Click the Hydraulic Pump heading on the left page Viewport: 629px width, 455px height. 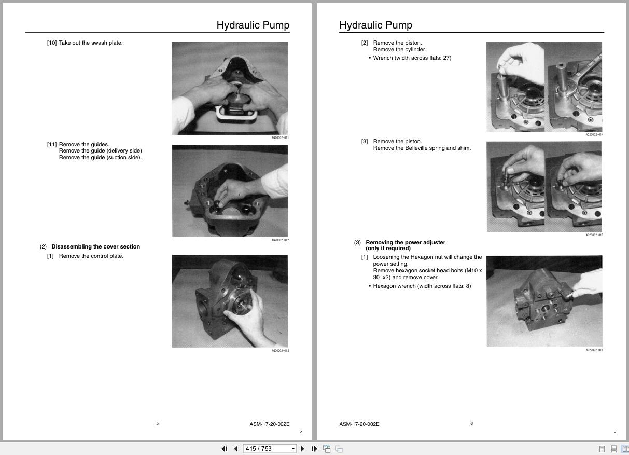tap(253, 25)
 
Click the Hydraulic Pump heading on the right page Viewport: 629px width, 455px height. tap(375, 25)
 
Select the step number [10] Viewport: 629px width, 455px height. tap(52, 43)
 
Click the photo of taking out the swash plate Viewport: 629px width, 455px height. tap(230, 88)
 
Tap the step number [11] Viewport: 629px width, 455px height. tap(52, 145)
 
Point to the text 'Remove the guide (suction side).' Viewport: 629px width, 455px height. tap(100, 158)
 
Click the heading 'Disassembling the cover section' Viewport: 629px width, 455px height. tap(95, 247)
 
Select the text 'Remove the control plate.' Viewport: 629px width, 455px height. tap(91, 256)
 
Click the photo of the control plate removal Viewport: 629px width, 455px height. tap(230, 301)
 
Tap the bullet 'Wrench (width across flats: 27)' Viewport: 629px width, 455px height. tap(412, 58)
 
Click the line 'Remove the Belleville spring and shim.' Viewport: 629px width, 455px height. tap(422, 148)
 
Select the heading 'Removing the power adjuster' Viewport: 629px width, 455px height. tap(405, 242)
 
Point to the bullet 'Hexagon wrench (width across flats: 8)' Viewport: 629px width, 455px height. tap(422, 286)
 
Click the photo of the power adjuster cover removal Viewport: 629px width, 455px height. tap(544, 301)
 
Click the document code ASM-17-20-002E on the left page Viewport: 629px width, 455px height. tap(269, 424)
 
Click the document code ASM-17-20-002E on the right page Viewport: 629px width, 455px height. tap(359, 424)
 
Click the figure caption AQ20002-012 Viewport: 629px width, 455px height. tap(280, 240)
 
